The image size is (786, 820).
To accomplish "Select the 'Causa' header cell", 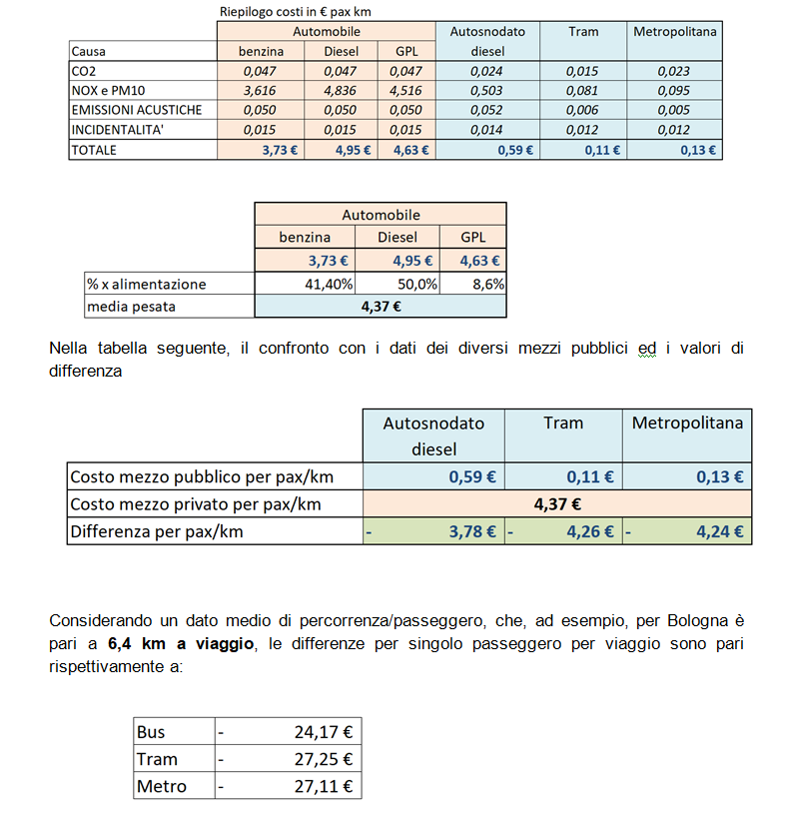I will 89,51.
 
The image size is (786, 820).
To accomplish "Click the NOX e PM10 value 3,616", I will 262,91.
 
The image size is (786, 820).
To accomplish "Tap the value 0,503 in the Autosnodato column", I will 485,91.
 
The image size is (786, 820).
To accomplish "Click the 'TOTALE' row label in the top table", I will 94,150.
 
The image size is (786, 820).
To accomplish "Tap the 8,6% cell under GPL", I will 486,284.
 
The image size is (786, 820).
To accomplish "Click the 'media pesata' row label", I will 131,307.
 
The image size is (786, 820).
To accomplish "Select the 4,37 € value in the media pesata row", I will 381,307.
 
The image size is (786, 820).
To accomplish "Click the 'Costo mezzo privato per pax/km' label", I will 196,504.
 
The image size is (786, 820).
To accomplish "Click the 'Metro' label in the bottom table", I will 162,786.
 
